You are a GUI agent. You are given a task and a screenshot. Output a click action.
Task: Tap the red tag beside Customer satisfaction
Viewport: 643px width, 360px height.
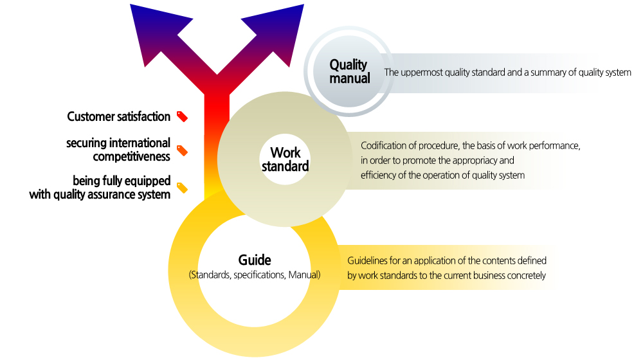[182, 116]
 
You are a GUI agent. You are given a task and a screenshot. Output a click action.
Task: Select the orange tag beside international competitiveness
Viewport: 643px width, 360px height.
[182, 150]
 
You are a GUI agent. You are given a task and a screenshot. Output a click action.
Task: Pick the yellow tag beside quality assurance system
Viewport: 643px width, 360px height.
[182, 188]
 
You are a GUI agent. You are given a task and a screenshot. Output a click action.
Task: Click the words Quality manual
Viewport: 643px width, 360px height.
[349, 71]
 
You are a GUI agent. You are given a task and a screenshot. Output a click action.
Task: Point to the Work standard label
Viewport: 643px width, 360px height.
[285, 159]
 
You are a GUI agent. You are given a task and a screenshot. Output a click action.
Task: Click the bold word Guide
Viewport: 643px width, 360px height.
[255, 260]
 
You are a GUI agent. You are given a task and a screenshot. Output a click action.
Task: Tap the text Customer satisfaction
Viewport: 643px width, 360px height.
[118, 116]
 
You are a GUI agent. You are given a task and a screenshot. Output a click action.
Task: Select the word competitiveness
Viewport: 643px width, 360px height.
[131, 157]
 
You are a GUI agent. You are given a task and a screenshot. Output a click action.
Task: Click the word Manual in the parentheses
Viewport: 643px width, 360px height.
[303, 274]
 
